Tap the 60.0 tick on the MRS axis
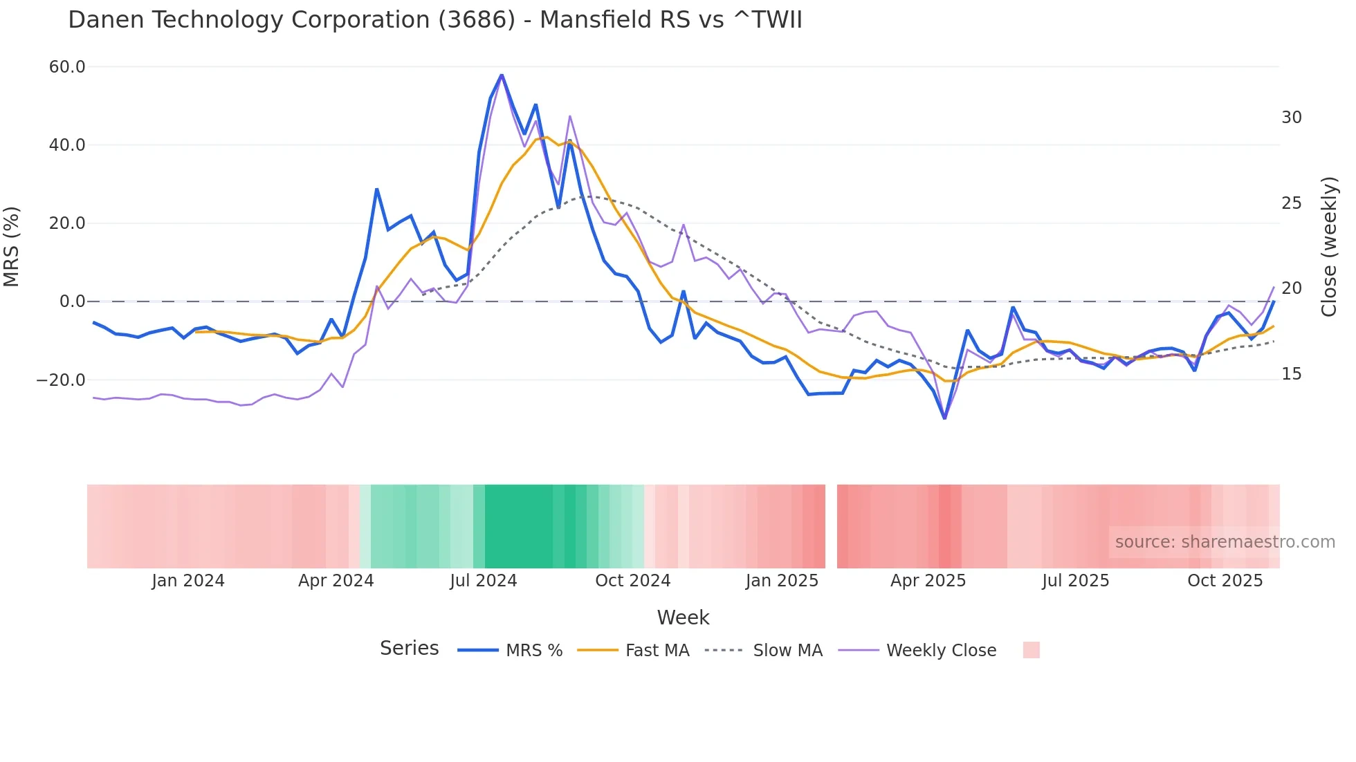coord(67,67)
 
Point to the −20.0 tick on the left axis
coord(61,380)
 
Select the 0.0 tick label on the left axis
coord(72,301)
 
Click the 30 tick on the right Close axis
coord(1291,118)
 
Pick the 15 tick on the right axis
coord(1291,374)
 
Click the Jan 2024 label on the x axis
coord(188,581)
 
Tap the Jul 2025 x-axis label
coord(1075,581)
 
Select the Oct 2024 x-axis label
coord(632,581)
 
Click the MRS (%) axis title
coord(12,247)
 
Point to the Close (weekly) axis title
coord(1328,247)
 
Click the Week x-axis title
coord(683,617)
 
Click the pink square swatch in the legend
coord(1031,650)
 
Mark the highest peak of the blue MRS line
coord(502,75)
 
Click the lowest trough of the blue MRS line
coord(944,418)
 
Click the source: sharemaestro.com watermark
coord(1225,542)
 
